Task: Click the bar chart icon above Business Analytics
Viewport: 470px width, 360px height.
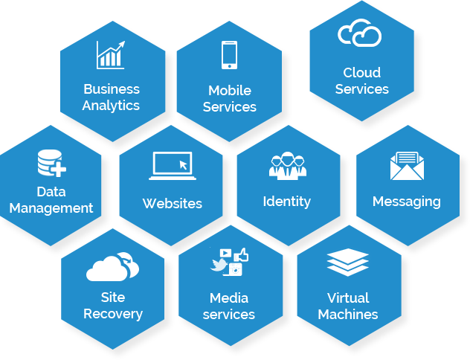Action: pyautogui.click(x=110, y=54)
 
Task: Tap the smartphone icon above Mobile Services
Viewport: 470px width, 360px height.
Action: pyautogui.click(x=229, y=56)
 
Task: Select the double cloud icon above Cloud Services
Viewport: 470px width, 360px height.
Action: pyautogui.click(x=360, y=33)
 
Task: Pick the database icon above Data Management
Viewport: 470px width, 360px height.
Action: pyautogui.click(x=51, y=164)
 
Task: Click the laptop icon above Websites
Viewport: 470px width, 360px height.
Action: pyautogui.click(x=172, y=165)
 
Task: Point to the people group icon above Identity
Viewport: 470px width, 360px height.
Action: pyautogui.click(x=287, y=165)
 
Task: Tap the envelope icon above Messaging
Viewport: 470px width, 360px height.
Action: pyautogui.click(x=406, y=166)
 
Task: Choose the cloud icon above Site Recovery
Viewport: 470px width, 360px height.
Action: pyautogui.click(x=112, y=266)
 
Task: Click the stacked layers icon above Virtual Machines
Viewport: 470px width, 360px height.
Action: pyautogui.click(x=348, y=264)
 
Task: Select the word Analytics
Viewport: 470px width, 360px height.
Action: pyautogui.click(x=111, y=105)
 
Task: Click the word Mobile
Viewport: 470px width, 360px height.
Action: pyautogui.click(x=230, y=90)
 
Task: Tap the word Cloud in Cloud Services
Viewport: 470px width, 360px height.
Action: pyautogui.click(x=362, y=73)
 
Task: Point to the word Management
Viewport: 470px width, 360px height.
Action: pyautogui.click(x=51, y=208)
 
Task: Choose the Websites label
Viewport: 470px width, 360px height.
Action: pyautogui.click(x=172, y=203)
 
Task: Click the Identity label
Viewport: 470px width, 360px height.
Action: pyautogui.click(x=287, y=202)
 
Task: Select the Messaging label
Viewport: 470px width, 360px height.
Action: pyautogui.click(x=406, y=202)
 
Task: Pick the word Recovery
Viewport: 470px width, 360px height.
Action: pyautogui.click(x=112, y=313)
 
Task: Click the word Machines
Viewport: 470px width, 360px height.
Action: pyautogui.click(x=348, y=314)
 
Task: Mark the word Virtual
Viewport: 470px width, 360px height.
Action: pyautogui.click(x=348, y=298)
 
